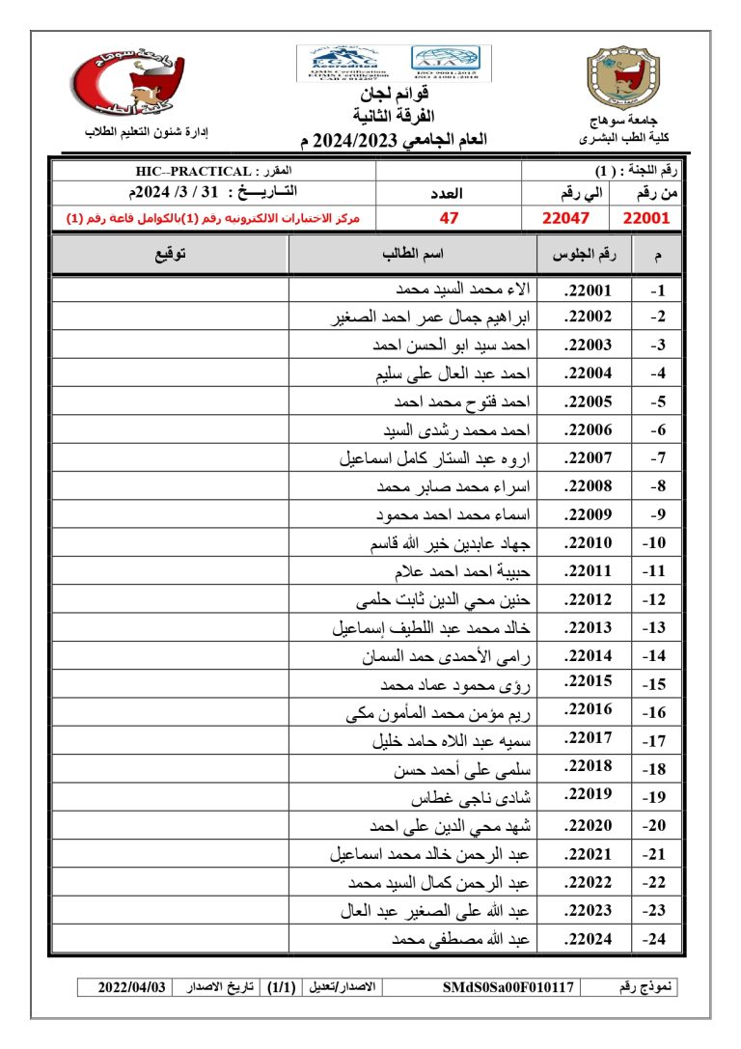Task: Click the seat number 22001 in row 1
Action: coord(588,290)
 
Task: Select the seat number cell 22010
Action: coord(588,545)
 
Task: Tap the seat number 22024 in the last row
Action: coord(588,938)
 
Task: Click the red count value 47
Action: coord(449,218)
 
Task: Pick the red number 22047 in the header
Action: coord(566,218)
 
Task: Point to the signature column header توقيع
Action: coord(170,255)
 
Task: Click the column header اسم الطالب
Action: coord(414,255)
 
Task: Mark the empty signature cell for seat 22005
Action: coord(169,402)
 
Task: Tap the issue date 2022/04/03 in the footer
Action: coord(132,987)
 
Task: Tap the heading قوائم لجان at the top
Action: coord(395,95)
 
